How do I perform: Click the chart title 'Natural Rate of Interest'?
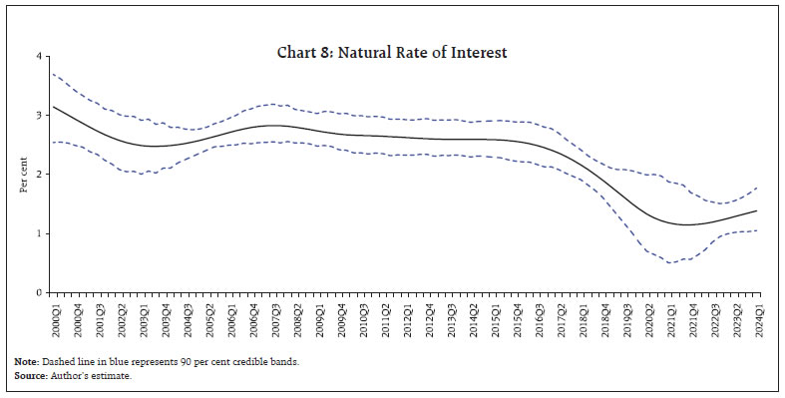pos(392,52)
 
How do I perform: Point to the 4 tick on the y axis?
pos(39,57)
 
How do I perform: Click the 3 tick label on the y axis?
pos(39,116)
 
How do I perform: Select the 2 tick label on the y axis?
pos(39,175)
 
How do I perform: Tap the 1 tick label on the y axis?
pos(39,233)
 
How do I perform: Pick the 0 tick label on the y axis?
pos(39,292)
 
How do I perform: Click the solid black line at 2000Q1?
pos(54,107)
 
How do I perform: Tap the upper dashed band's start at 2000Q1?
pos(54,75)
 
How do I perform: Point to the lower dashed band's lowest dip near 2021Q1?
pos(671,262)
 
